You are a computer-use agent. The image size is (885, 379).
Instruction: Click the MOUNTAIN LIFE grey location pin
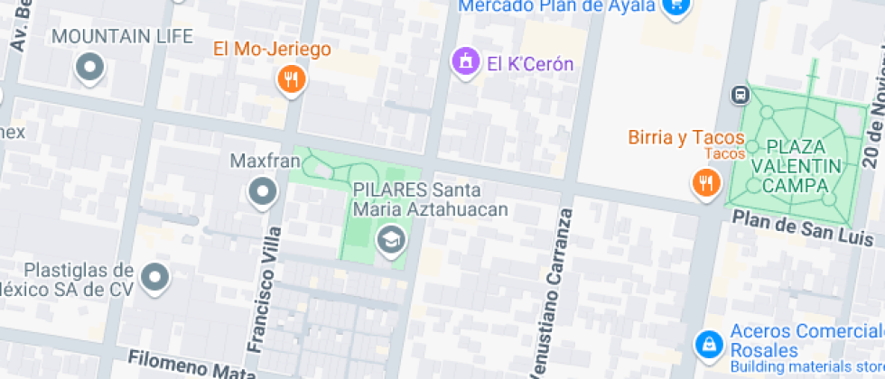click(90, 67)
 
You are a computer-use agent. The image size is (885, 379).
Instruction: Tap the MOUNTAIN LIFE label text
click(123, 37)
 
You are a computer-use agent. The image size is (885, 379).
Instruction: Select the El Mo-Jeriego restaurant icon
click(291, 79)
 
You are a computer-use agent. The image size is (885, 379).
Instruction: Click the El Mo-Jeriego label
click(272, 50)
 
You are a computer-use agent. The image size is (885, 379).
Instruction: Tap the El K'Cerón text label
click(530, 63)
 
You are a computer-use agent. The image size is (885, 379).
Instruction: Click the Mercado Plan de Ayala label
click(556, 5)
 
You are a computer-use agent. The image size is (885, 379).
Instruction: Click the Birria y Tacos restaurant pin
click(704, 183)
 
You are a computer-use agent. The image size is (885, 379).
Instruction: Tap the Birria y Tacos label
click(686, 138)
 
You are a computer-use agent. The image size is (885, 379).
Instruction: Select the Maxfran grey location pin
click(263, 190)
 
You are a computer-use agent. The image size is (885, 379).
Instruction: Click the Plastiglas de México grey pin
click(155, 277)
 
